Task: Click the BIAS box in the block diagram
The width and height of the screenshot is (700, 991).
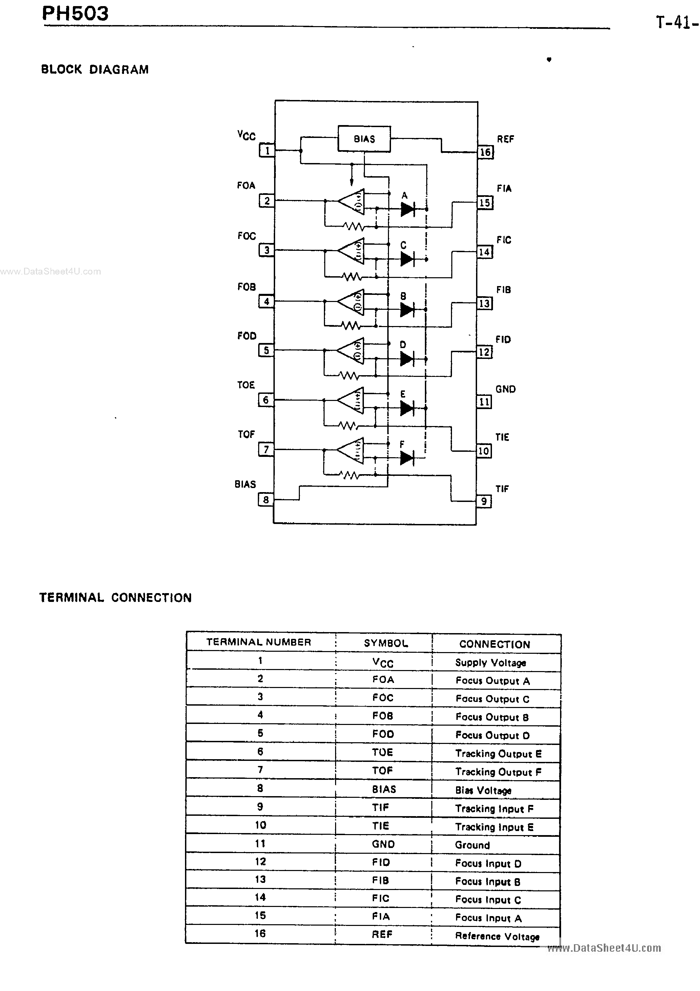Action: click(364, 139)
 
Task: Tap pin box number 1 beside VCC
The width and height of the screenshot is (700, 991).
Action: click(267, 150)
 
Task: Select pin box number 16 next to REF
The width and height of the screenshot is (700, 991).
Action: click(485, 152)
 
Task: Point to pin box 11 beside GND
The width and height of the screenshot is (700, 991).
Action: click(484, 402)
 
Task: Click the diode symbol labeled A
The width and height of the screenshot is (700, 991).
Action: click(407, 210)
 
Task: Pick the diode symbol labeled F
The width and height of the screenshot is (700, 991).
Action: click(407, 458)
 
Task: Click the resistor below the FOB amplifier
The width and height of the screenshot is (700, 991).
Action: click(351, 325)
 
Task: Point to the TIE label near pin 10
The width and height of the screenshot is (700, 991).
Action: click(502, 437)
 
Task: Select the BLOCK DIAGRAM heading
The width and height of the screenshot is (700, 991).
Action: click(95, 69)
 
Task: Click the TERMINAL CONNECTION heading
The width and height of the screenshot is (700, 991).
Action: click(115, 598)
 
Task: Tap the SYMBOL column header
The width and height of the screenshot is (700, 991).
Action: click(385, 643)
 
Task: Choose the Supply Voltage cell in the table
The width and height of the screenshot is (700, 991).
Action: click(490, 663)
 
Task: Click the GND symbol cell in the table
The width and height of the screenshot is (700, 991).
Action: click(383, 844)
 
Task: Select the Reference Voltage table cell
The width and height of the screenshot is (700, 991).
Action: click(497, 936)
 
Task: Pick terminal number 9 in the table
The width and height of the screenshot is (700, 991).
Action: click(260, 807)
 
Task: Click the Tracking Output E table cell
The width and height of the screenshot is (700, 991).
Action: click(498, 754)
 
